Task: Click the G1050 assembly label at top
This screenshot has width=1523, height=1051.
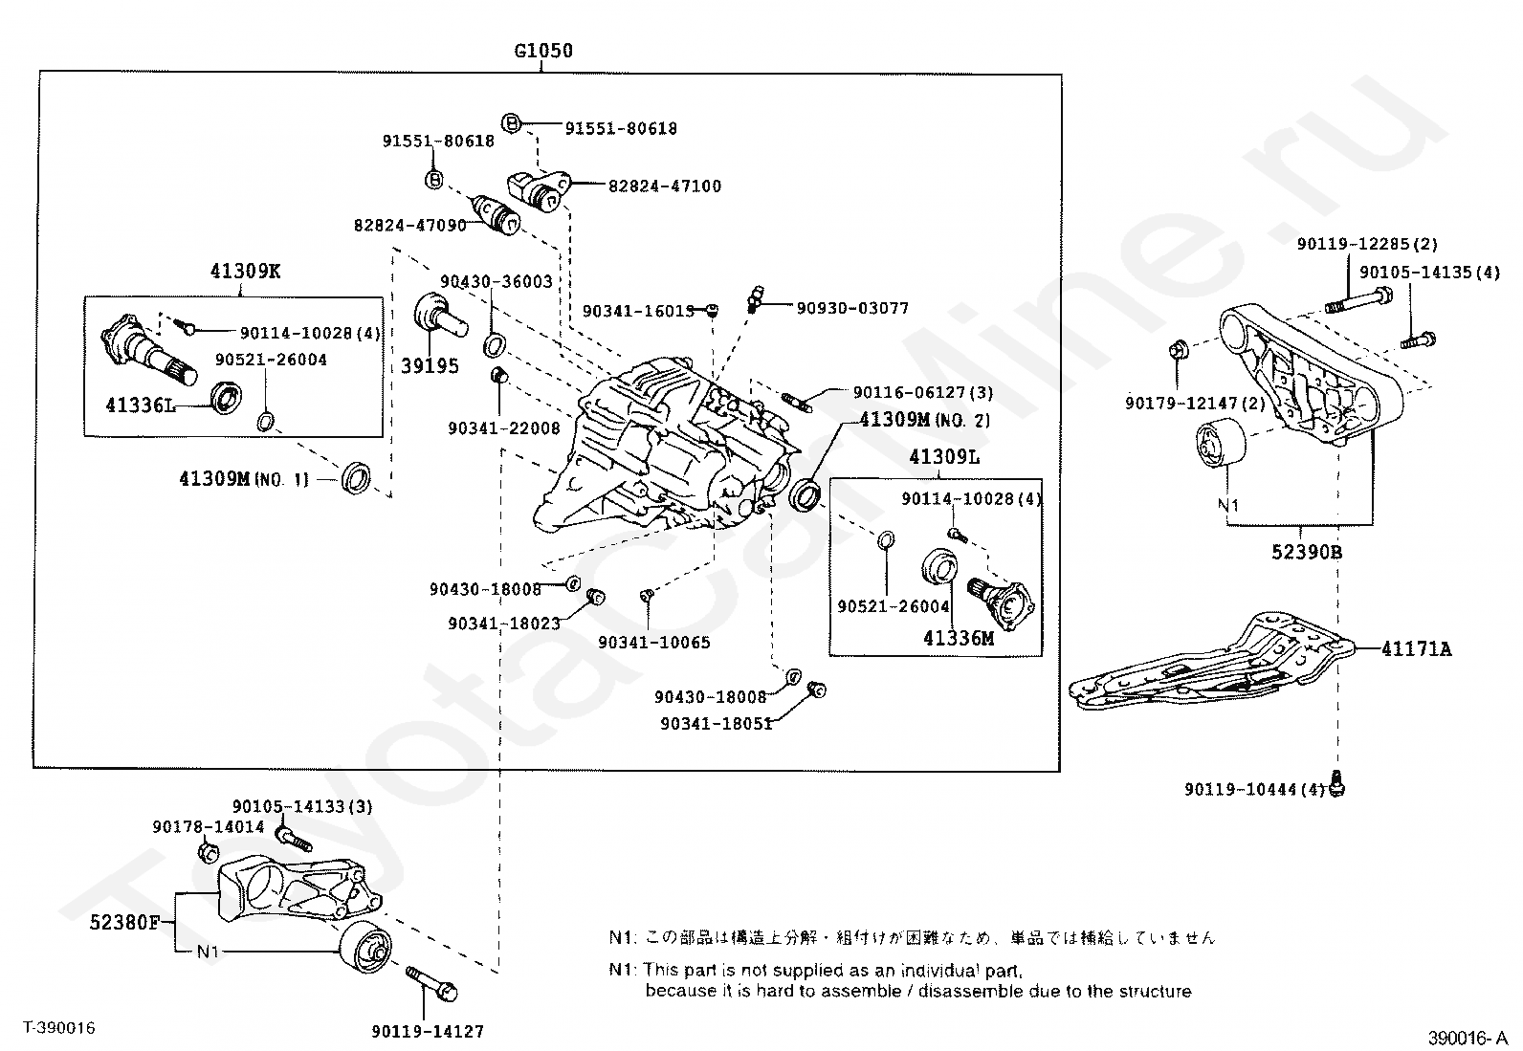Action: tap(543, 51)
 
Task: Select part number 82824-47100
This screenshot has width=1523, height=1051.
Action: tap(664, 186)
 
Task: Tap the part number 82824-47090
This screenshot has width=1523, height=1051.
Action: tap(409, 226)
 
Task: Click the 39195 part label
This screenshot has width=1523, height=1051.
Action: tap(430, 366)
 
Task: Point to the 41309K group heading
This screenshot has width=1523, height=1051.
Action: tap(245, 271)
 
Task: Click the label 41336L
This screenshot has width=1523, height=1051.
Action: tap(141, 405)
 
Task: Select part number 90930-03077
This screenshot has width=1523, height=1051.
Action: tap(852, 308)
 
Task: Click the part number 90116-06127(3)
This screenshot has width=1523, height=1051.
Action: tap(922, 392)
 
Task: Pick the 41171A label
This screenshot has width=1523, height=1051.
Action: tap(1416, 649)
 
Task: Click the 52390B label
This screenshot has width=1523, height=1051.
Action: tap(1307, 552)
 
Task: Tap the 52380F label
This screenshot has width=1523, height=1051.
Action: tap(125, 923)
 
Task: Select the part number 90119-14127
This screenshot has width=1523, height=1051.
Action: tap(428, 1032)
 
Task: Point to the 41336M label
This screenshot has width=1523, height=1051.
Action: tap(958, 638)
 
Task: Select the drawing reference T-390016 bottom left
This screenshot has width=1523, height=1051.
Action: tap(59, 1028)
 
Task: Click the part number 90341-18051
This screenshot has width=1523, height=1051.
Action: tap(716, 724)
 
